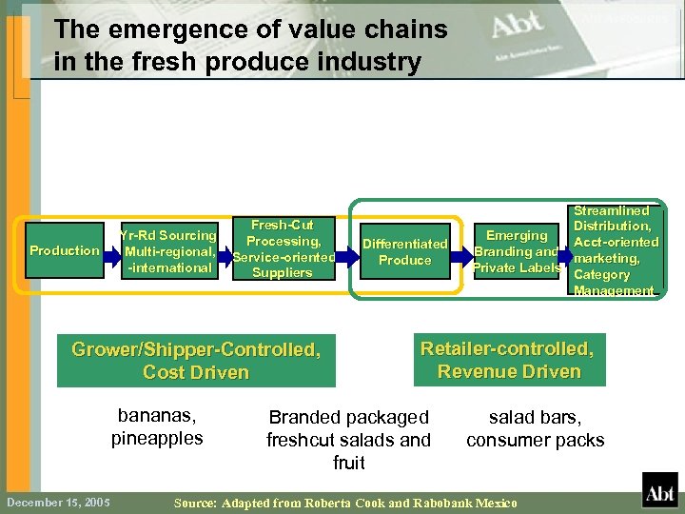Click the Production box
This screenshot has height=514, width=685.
[x=64, y=250]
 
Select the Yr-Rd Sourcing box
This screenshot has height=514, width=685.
[x=168, y=251]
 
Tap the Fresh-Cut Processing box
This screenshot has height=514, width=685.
[x=282, y=249]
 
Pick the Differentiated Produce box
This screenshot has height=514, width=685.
[x=404, y=251]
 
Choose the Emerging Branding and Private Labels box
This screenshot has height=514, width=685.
[x=517, y=251]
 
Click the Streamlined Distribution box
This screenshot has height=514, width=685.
[x=615, y=250]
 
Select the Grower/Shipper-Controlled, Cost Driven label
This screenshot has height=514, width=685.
[x=196, y=361]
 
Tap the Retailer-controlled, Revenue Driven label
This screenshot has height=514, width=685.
[x=508, y=360]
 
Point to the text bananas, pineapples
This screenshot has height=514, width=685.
[x=157, y=426]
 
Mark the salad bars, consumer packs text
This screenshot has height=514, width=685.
[x=535, y=427]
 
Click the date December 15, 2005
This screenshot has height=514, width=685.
[x=57, y=502]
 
